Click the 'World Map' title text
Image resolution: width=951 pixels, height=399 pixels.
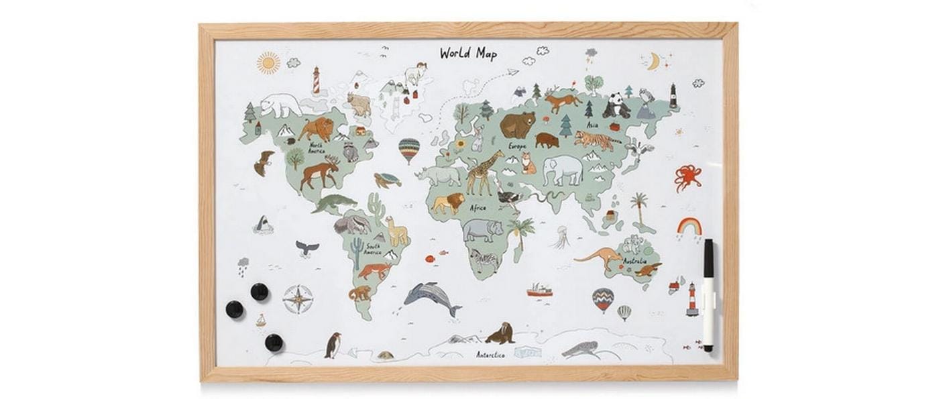pyautogui.click(x=468, y=53)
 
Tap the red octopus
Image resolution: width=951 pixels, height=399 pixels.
pyautogui.click(x=688, y=177)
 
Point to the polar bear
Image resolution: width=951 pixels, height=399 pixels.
pyautogui.click(x=281, y=104)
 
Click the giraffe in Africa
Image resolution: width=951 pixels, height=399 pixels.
pyautogui.click(x=484, y=172)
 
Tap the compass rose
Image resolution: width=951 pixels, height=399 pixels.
pyautogui.click(x=298, y=298)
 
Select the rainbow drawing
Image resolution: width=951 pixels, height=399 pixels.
pyautogui.click(x=689, y=227)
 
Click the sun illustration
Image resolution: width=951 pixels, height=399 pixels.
pyautogui.click(x=268, y=63)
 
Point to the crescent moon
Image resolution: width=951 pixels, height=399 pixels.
pyautogui.click(x=653, y=62)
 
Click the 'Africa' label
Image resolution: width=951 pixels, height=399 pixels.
pyautogui.click(x=478, y=207)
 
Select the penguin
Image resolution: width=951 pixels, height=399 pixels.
pyautogui.click(x=332, y=345)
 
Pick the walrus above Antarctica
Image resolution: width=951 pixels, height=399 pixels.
pyautogui.click(x=500, y=333)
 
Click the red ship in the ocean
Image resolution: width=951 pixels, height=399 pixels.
pyautogui.click(x=539, y=290)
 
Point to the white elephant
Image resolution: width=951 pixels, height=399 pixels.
pyautogui.click(x=563, y=170)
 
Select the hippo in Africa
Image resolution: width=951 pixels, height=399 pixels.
pyautogui.click(x=482, y=230)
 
